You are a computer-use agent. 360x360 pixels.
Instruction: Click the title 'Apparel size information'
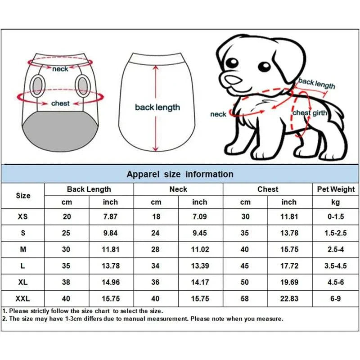180,174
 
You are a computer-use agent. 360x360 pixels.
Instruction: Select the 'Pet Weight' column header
335,189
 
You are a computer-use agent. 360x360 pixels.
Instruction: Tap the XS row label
23,216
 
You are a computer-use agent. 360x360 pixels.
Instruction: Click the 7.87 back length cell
110,216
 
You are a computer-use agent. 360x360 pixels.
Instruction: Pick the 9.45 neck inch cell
200,233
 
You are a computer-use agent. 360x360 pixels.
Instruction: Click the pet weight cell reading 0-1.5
336,216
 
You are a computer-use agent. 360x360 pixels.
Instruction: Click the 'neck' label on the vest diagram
60,69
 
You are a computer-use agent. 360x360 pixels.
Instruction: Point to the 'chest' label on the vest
60,103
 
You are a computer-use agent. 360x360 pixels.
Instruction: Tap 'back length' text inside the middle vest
157,108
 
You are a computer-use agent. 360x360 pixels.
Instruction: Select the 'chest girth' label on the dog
310,113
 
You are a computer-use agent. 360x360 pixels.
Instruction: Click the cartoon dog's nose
232,80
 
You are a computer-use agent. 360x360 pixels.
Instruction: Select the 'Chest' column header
267,189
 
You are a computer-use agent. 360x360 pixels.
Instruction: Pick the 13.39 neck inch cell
200,265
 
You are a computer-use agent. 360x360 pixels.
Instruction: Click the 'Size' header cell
23,196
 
